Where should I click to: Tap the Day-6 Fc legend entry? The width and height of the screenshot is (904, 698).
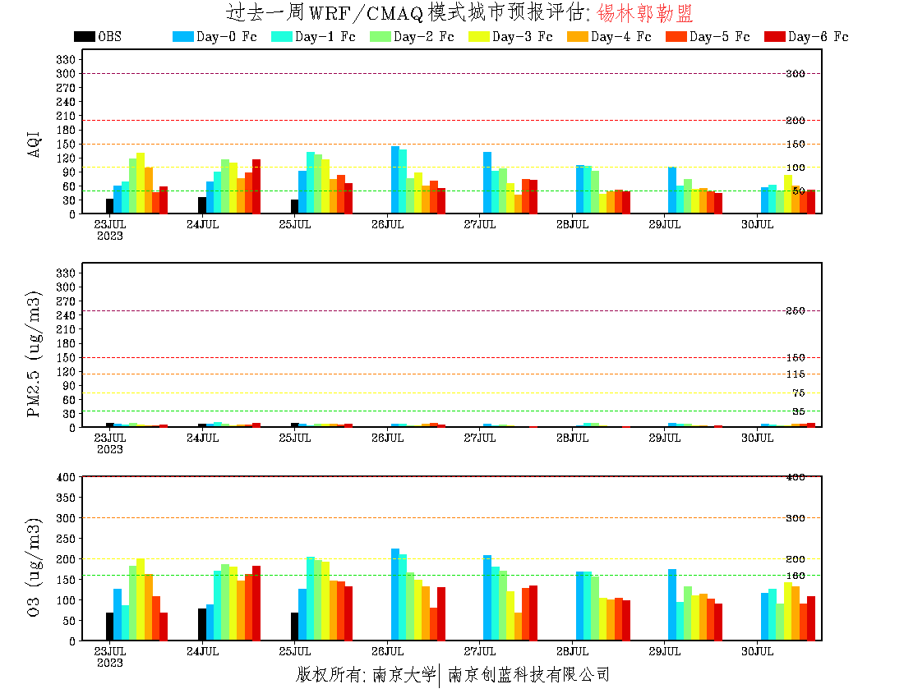(805, 37)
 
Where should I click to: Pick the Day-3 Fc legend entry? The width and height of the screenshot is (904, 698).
(510, 37)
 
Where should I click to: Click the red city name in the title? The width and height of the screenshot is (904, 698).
(645, 13)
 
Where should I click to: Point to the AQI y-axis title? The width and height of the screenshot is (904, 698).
(34, 144)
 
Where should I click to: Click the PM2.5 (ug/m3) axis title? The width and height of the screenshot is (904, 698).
(34, 354)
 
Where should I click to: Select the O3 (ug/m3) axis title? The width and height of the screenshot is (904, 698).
(34, 567)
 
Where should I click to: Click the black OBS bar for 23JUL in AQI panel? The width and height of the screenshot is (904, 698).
(109, 206)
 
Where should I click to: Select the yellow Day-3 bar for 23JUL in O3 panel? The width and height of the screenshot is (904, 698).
(141, 599)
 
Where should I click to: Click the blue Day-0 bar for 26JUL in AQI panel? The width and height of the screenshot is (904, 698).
(395, 180)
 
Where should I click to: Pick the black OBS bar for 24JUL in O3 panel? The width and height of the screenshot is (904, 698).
(202, 624)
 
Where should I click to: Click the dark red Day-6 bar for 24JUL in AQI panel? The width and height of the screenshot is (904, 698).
(256, 186)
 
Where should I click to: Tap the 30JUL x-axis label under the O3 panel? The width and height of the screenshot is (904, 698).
(758, 651)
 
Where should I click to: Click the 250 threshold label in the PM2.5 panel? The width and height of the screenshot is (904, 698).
(795, 310)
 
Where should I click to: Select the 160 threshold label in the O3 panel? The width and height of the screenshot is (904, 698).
(795, 575)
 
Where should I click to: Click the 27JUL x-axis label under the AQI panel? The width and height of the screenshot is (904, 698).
(480, 224)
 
